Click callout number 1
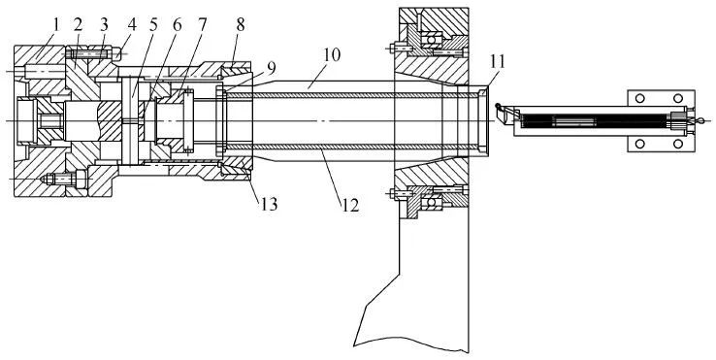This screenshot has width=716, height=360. (56, 25)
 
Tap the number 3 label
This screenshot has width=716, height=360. (104, 25)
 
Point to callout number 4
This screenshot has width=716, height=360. (132, 25)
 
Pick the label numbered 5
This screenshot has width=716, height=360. (153, 25)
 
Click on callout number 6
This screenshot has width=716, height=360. (177, 25)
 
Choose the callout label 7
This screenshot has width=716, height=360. (202, 25)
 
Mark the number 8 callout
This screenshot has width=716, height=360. (241, 25)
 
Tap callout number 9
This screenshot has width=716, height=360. (272, 68)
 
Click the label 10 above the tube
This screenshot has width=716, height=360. (332, 54)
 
